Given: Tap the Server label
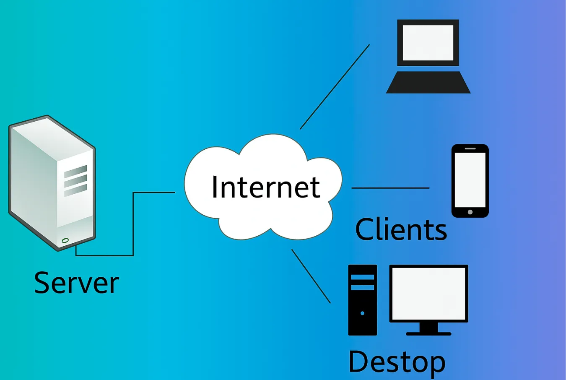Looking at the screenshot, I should (x=76, y=283).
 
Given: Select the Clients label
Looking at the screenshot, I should (x=401, y=229).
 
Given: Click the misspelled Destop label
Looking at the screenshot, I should (x=397, y=362).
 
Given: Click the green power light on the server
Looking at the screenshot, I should (x=65, y=240).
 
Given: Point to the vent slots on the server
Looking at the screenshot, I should (x=75, y=180).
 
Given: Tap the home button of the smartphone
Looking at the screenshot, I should (x=470, y=212).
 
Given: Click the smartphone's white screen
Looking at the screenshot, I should (x=470, y=180).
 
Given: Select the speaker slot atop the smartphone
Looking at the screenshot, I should (x=470, y=148).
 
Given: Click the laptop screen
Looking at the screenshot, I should (x=428, y=42).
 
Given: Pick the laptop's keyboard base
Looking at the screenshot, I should (x=428, y=82).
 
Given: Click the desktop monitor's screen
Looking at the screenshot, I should (x=428, y=293).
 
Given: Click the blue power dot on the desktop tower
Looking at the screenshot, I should (x=362, y=313).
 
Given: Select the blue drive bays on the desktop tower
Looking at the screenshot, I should (x=362, y=282).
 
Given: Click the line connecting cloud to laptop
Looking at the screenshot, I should (x=335, y=87).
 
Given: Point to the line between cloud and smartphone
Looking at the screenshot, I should (x=390, y=188).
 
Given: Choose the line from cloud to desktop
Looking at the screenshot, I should (x=311, y=276).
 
